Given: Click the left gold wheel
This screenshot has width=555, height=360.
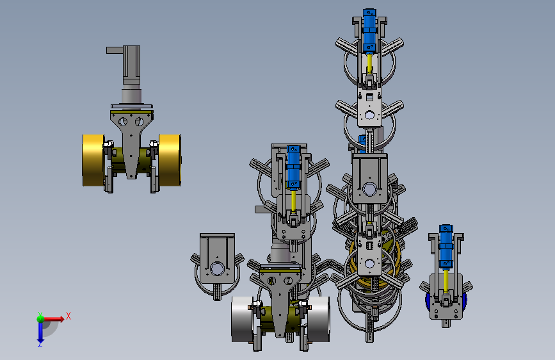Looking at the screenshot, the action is pos(93,160).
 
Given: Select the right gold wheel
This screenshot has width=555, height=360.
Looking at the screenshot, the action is pos(170,160).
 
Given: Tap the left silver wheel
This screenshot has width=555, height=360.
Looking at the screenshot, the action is pos(243,319).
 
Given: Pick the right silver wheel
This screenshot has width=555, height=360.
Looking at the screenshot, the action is pos(319,319).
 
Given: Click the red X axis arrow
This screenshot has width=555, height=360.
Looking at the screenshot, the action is pos(53,319).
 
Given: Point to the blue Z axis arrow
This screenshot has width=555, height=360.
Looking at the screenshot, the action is pos(40,332).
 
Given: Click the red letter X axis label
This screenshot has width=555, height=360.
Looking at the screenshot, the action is pos(68,316).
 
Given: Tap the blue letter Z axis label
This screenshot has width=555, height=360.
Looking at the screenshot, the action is pos(40,345).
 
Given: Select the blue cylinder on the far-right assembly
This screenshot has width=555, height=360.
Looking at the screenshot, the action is pos(446,247).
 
